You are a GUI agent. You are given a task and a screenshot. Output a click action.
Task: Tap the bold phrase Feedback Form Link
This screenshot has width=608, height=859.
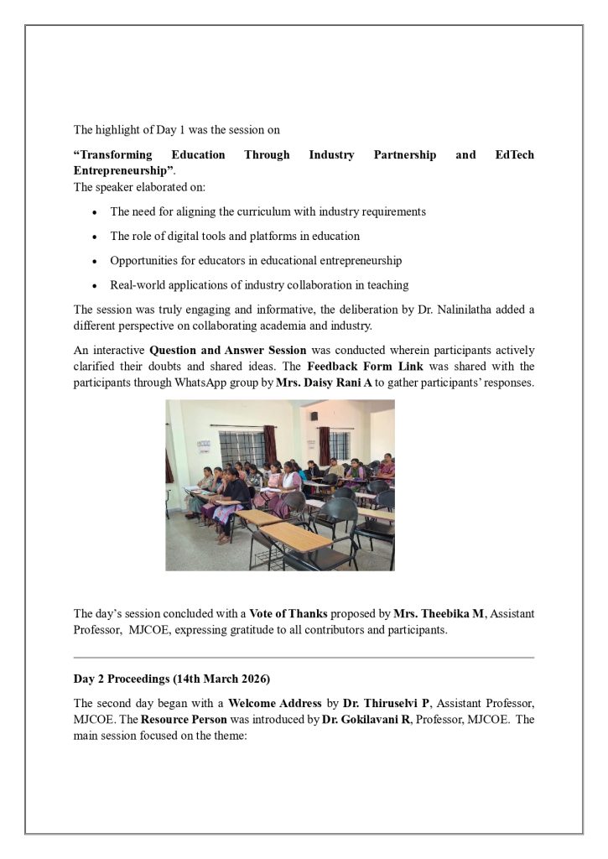351,367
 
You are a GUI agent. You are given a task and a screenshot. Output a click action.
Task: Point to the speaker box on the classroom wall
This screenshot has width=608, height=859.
314,415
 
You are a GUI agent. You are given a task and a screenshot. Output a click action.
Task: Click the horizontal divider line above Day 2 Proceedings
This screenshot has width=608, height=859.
304,658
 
